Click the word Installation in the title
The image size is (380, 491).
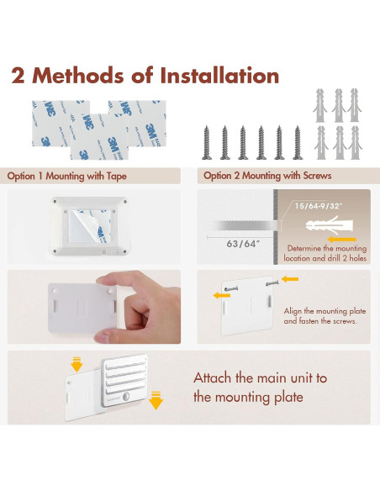click(219, 76)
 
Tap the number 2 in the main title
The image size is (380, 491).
click(18, 76)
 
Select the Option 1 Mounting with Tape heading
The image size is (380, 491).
click(66, 176)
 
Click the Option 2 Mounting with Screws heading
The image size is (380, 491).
click(267, 176)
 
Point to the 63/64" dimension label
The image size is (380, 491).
click(243, 243)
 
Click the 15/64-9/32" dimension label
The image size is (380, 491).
click(319, 206)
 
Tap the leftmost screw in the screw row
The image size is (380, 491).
click(206, 143)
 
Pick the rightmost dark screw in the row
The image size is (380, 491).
click(298, 143)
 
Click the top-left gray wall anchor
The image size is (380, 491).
click(319, 105)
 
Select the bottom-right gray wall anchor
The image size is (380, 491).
click(355, 142)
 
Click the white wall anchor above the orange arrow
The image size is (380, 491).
click(329, 225)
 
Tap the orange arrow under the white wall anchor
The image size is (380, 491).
click(342, 240)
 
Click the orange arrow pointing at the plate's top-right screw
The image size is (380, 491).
click(290, 278)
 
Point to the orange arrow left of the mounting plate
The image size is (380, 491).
click(222, 295)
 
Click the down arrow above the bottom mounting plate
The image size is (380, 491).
click(77, 364)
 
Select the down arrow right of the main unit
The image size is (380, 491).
click(156, 400)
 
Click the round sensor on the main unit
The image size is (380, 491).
click(126, 397)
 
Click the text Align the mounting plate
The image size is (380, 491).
click(325, 311)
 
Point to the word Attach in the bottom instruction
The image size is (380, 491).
click(213, 378)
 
